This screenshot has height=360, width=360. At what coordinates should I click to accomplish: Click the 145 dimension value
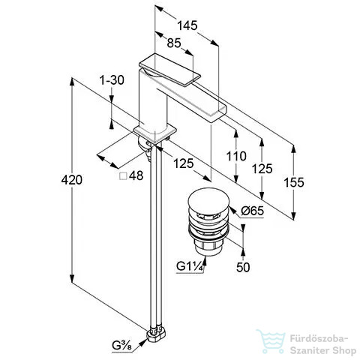click(187, 25)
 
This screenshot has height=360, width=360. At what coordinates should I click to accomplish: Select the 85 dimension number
click(174, 43)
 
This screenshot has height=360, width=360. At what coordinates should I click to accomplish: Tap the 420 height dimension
click(72, 180)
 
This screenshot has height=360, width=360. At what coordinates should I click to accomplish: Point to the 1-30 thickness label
click(112, 80)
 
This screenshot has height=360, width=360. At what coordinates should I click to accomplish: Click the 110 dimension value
click(236, 156)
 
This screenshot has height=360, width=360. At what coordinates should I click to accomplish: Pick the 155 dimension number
click(294, 182)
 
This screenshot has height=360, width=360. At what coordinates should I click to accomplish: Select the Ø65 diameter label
click(252, 211)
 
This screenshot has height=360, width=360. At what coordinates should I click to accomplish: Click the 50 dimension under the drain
click(243, 267)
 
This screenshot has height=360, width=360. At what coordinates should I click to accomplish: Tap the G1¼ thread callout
click(189, 266)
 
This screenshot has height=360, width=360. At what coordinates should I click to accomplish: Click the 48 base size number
click(136, 175)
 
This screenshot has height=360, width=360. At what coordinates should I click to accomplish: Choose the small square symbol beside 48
click(123, 176)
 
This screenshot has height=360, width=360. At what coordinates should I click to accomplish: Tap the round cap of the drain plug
click(208, 199)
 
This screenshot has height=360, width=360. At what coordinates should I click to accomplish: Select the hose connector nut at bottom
click(157, 335)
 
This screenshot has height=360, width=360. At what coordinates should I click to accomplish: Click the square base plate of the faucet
click(155, 134)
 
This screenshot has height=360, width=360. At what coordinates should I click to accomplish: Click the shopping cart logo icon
click(271, 341)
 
